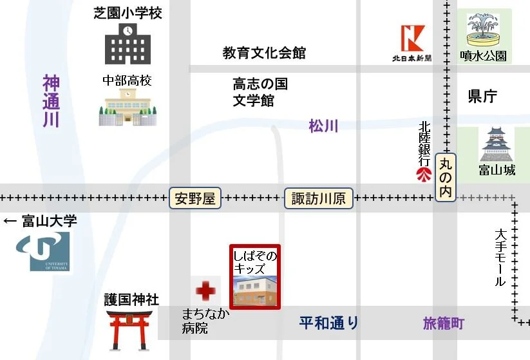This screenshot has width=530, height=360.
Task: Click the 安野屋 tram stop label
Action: (x=195, y=198)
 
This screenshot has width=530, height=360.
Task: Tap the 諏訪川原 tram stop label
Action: (x=318, y=198)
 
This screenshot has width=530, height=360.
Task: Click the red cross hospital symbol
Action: (x=206, y=291)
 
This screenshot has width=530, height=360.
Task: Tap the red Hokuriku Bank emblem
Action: (x=423, y=174)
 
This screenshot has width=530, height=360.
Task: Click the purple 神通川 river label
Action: (x=52, y=101)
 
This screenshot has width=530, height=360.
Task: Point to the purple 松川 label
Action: (x=323, y=126)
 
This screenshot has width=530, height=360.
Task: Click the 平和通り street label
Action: (x=329, y=323)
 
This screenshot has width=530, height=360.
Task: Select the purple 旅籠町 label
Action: (x=444, y=323)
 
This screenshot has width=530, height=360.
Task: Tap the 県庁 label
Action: (x=482, y=97)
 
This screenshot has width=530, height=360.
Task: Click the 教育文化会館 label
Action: (x=264, y=53)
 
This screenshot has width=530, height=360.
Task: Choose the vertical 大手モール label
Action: (x=500, y=258)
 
